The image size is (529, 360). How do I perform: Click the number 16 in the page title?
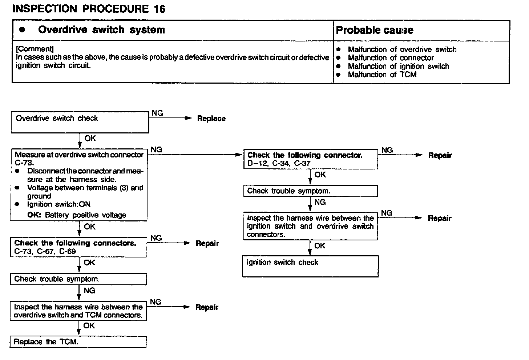click(159, 9)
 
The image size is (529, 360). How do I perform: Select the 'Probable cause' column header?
click(374, 30)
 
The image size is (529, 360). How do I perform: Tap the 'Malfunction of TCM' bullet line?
click(382, 75)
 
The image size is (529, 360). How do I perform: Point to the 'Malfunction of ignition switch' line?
click(398, 66)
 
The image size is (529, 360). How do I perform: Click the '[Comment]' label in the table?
click(35, 49)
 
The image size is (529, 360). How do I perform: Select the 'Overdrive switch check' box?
click(80, 122)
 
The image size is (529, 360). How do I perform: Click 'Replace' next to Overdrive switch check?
click(211, 119)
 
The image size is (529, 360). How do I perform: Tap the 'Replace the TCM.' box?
click(78, 342)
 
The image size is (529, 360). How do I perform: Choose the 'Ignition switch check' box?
click(310, 266)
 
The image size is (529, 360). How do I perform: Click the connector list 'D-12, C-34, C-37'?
click(279, 164)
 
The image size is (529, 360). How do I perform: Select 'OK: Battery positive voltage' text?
click(77, 215)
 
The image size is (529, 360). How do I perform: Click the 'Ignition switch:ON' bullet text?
click(59, 204)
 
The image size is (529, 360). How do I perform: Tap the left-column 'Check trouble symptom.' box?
click(78, 279)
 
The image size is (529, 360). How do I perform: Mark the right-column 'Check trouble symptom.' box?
click(310, 191)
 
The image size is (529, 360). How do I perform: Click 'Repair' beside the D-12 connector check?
click(440, 156)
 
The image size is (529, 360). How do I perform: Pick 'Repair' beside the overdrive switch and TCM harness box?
click(207, 307)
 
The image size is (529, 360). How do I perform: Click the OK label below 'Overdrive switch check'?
click(90, 139)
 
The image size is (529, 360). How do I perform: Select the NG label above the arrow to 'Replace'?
click(157, 113)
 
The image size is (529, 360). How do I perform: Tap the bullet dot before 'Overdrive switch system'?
click(23, 30)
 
